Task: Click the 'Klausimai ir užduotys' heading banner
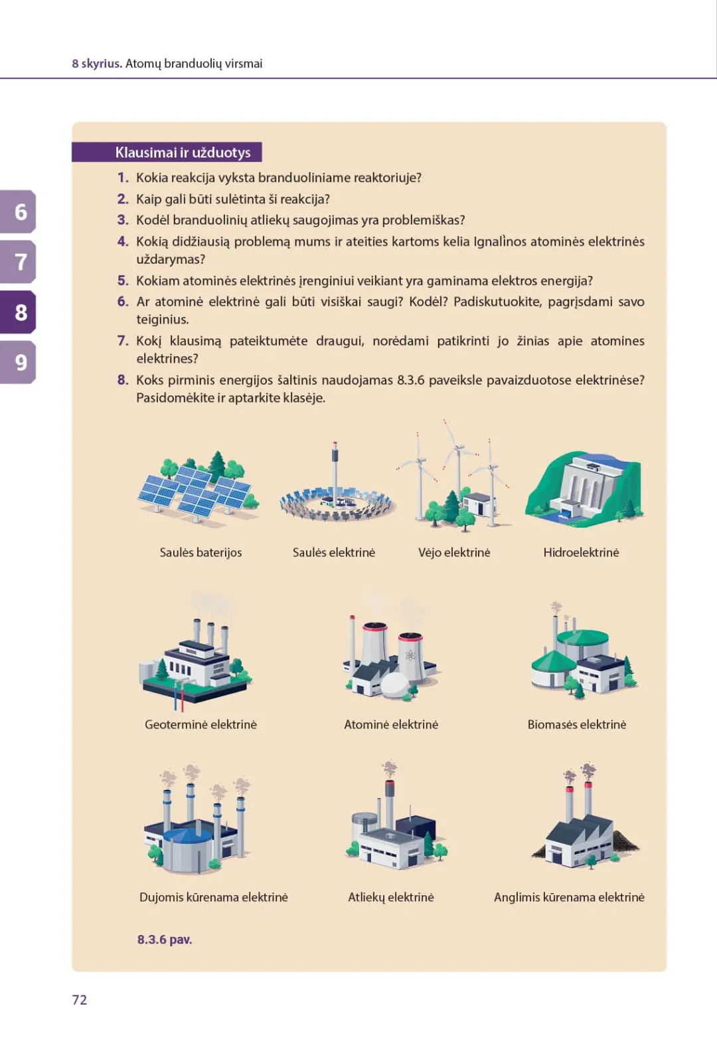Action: (x=167, y=152)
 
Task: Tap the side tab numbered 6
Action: (x=18, y=212)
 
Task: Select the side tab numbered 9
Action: (x=18, y=362)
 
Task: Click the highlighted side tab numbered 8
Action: (x=18, y=312)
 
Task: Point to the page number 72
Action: (x=79, y=999)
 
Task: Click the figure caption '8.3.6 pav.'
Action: (x=165, y=939)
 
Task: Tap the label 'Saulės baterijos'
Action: (x=200, y=552)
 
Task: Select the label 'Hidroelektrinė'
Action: (x=581, y=552)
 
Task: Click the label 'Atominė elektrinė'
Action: (x=391, y=724)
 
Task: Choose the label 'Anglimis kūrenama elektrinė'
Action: (x=569, y=897)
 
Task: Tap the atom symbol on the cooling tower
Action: (x=410, y=657)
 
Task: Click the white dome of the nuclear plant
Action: (x=394, y=685)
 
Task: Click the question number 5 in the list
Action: (x=123, y=280)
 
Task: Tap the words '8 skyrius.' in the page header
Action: (x=97, y=63)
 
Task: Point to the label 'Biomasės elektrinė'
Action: (x=577, y=724)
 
